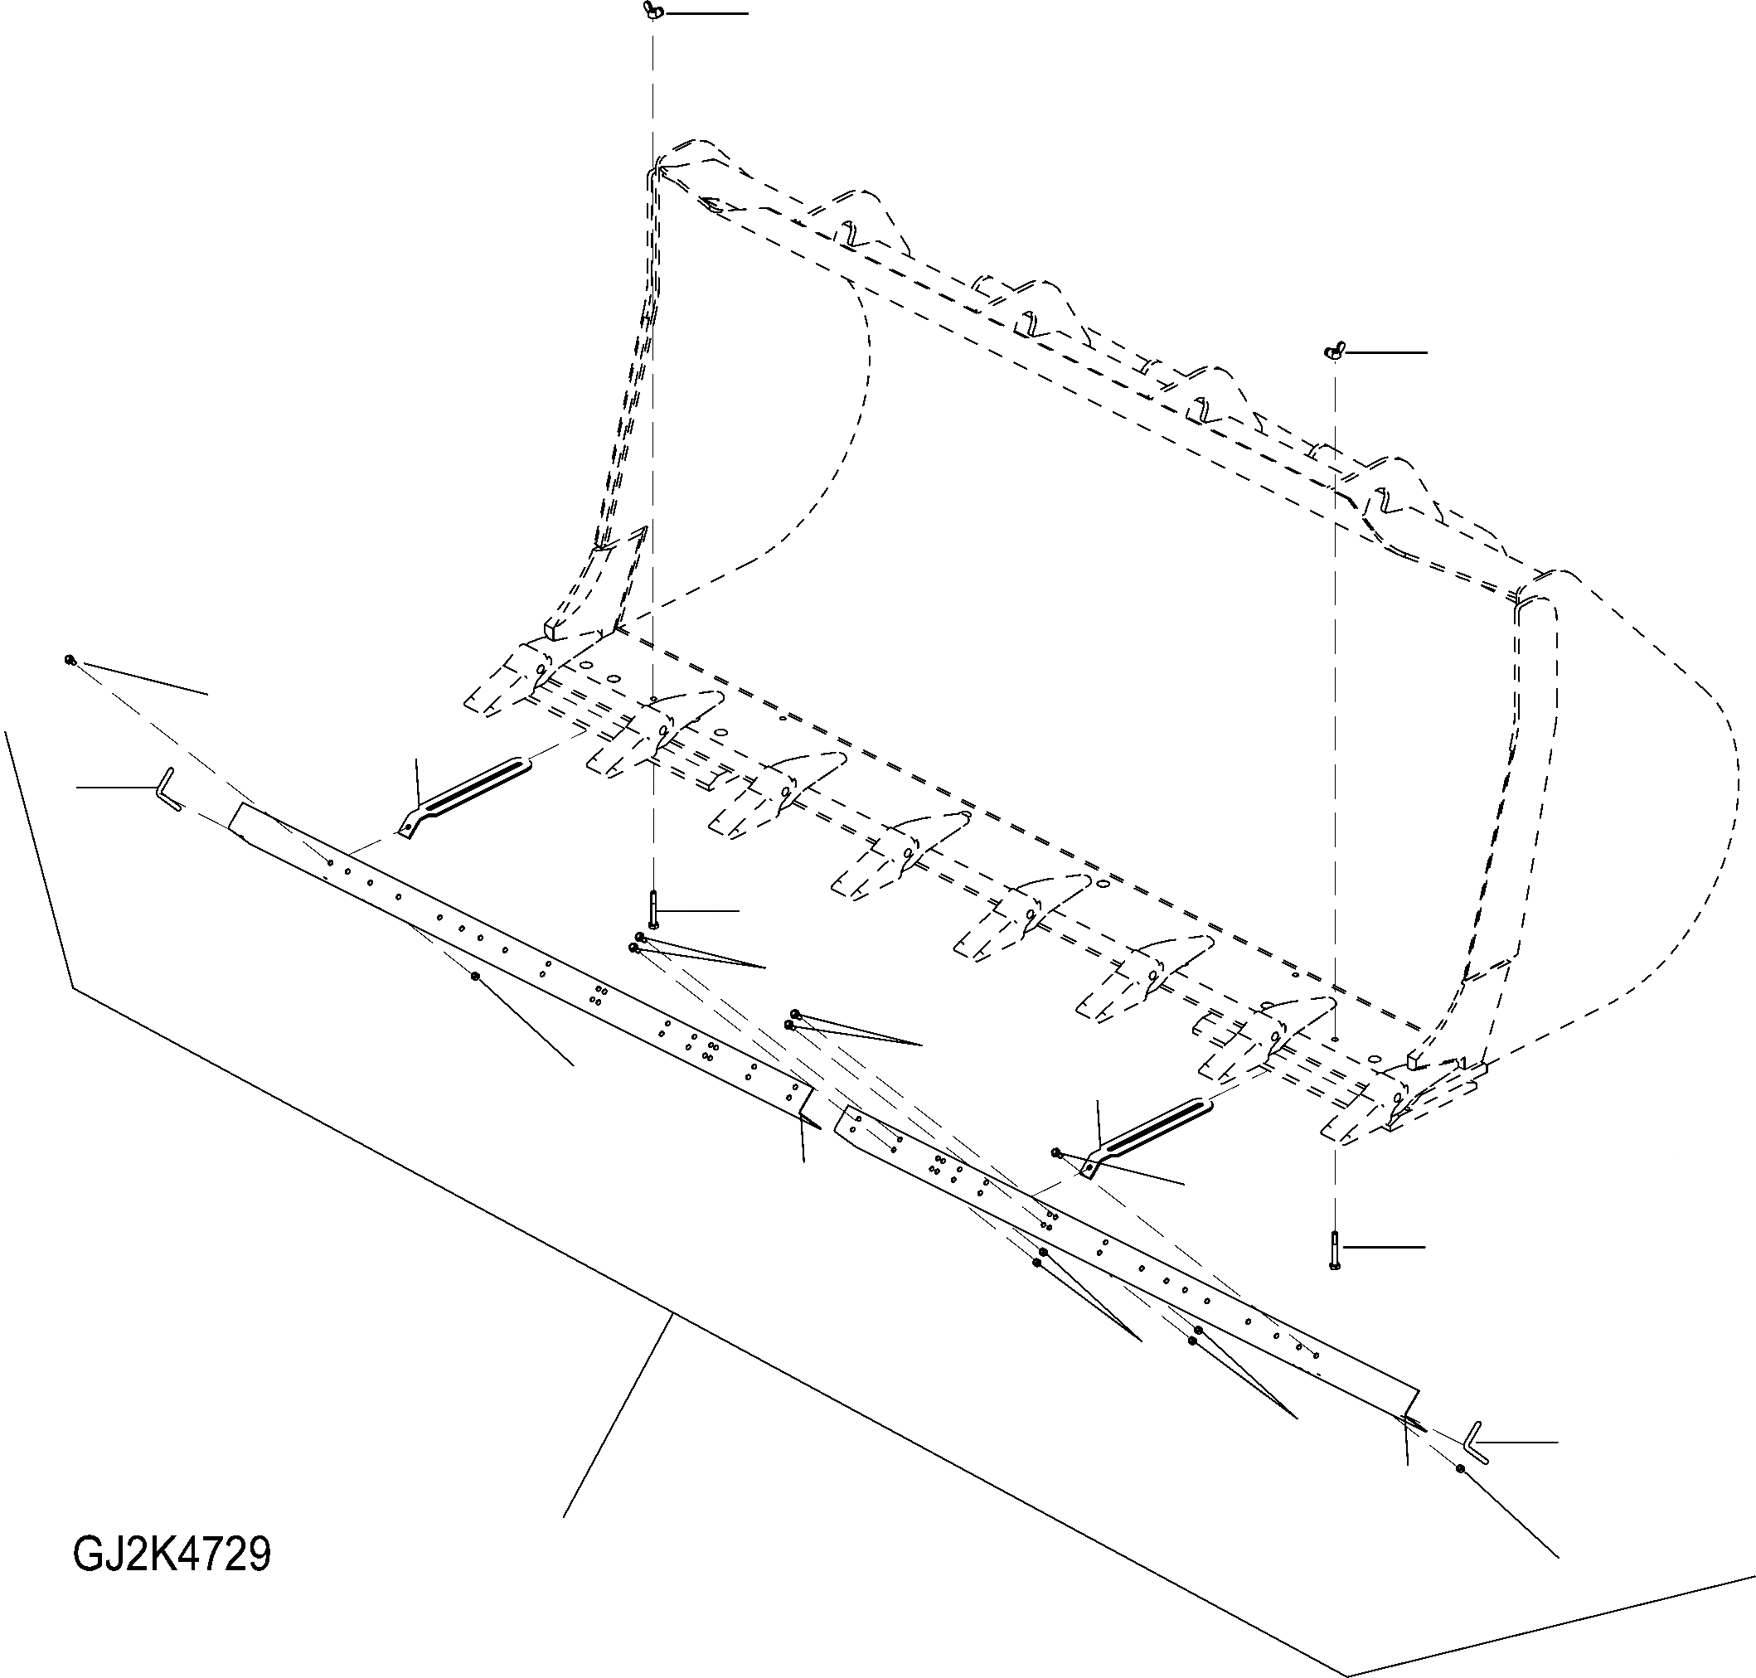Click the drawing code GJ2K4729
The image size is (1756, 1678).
pos(171,1554)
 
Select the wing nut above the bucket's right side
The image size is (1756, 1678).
pos(1334,352)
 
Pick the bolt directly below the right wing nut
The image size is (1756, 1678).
pos(1335,1249)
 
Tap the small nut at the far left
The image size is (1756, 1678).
pos(69,659)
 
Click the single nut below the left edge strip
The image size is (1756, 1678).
pos(476,976)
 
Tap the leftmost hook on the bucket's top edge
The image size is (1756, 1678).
pos(848,230)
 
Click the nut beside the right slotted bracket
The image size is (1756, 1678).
pos(1057,1153)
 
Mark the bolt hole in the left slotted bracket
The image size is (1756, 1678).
pos(408,829)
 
